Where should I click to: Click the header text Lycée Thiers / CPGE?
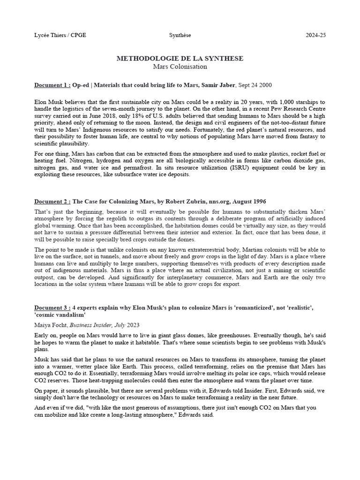[60, 35]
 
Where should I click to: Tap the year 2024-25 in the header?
[315, 35]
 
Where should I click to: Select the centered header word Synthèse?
[180, 35]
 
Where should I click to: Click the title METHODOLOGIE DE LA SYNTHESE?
[180, 59]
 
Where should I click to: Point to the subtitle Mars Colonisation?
[180, 67]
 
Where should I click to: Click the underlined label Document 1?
[52, 85]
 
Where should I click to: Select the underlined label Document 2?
[52, 202]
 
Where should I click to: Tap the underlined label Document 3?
[52, 307]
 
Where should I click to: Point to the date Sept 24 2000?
[255, 85]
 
